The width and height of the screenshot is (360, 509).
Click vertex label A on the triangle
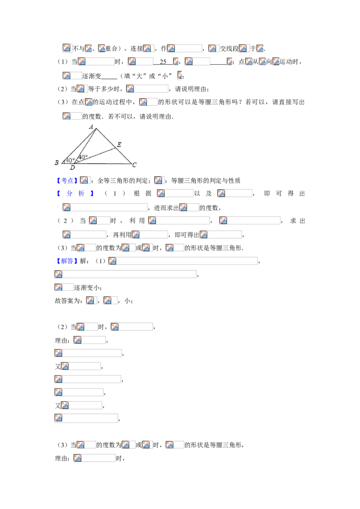click(x=91, y=127)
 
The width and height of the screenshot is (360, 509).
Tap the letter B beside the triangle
click(x=57, y=162)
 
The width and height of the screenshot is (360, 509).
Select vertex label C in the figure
click(x=135, y=165)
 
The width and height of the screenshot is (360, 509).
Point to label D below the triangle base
click(x=72, y=168)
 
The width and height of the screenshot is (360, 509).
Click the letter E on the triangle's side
click(x=119, y=144)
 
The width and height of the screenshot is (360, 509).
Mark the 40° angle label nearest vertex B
click(x=70, y=161)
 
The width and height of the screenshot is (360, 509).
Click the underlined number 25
click(x=163, y=62)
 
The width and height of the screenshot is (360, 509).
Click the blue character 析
click(x=81, y=194)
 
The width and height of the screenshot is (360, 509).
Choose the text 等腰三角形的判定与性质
click(x=206, y=181)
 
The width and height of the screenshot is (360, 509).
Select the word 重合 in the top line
click(x=112, y=49)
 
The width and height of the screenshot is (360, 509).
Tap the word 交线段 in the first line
click(x=229, y=49)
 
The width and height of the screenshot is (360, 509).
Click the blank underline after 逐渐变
click(x=109, y=78)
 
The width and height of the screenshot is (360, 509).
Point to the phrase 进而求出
click(x=166, y=208)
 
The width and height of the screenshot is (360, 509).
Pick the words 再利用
click(x=122, y=235)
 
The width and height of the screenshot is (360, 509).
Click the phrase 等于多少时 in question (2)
click(x=104, y=89)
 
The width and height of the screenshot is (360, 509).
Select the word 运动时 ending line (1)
click(x=289, y=62)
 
